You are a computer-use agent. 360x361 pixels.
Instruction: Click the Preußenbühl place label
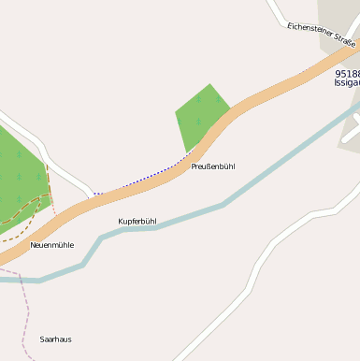[x=212, y=166]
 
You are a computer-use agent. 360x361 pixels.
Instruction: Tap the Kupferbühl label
[x=137, y=222]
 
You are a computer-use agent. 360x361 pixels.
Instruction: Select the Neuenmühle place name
[x=51, y=245]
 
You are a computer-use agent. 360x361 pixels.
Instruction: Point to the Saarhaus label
[x=55, y=339]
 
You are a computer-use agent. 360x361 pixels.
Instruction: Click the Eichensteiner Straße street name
[x=322, y=36]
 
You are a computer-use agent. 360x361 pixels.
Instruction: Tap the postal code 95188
[x=347, y=73]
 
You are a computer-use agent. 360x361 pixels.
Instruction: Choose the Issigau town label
[x=347, y=83]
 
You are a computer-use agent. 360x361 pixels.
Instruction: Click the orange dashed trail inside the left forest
[x=28, y=215]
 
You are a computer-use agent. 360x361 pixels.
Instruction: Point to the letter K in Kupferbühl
[x=121, y=222]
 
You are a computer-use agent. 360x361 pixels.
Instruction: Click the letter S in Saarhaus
[x=42, y=339]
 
